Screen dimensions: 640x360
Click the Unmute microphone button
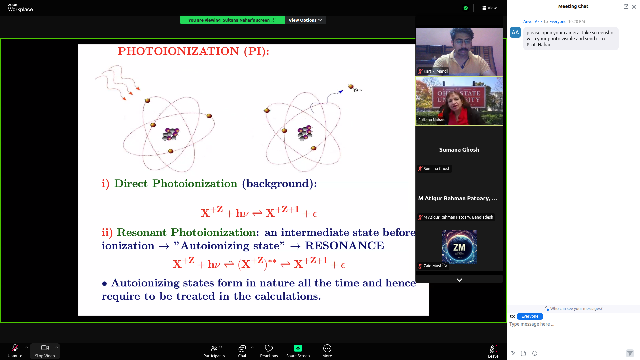point(15,351)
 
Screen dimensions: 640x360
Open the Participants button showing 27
point(214,351)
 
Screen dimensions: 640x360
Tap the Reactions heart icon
point(269,348)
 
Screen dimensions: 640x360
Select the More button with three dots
point(327,351)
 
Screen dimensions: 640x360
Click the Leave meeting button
point(493,351)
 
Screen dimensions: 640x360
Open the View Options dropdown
point(305,20)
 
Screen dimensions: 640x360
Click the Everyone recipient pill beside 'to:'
point(530,316)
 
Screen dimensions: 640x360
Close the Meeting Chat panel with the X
point(634,7)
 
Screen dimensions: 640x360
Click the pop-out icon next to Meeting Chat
point(626,7)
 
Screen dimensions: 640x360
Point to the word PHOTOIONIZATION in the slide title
point(178,51)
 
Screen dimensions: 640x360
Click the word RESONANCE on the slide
point(345,246)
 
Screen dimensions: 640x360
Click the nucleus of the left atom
point(171,134)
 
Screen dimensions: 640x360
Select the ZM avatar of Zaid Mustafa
point(459,247)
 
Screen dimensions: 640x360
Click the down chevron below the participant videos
point(459,280)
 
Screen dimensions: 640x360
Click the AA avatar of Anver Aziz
point(515,33)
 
